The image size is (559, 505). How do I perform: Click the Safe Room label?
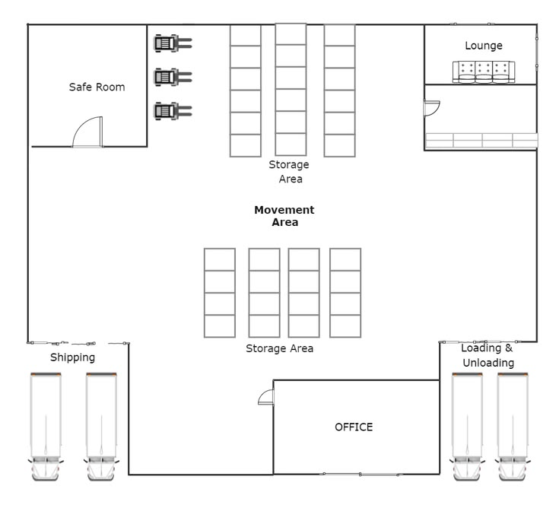pos(97,87)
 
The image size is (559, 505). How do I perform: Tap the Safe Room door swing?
pos(87,132)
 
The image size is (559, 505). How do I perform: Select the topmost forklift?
pos(173,43)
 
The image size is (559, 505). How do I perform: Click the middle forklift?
pos(173,77)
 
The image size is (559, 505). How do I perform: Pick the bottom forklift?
pos(173,111)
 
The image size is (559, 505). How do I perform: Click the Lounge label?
pos(484,46)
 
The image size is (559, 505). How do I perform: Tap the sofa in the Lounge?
pos(484,72)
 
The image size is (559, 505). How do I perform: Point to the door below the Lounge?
pos(432,108)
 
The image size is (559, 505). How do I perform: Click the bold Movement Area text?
pos(284,216)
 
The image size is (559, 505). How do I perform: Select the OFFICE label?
pos(354,427)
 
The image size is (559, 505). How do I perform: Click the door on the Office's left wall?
pos(266,397)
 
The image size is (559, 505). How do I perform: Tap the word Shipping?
pos(73,357)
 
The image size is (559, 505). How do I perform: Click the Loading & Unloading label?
pos(488,355)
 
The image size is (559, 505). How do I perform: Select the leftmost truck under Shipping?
pos(46,427)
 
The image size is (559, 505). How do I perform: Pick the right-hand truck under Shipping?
pos(101,427)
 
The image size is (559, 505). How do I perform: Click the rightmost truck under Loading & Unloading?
pos(513,427)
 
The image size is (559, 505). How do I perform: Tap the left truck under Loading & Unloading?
pos(467,427)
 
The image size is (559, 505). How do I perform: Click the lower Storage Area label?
pos(280,348)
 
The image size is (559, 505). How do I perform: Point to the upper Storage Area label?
pos(289,172)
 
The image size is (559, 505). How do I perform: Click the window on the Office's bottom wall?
pos(360,475)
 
